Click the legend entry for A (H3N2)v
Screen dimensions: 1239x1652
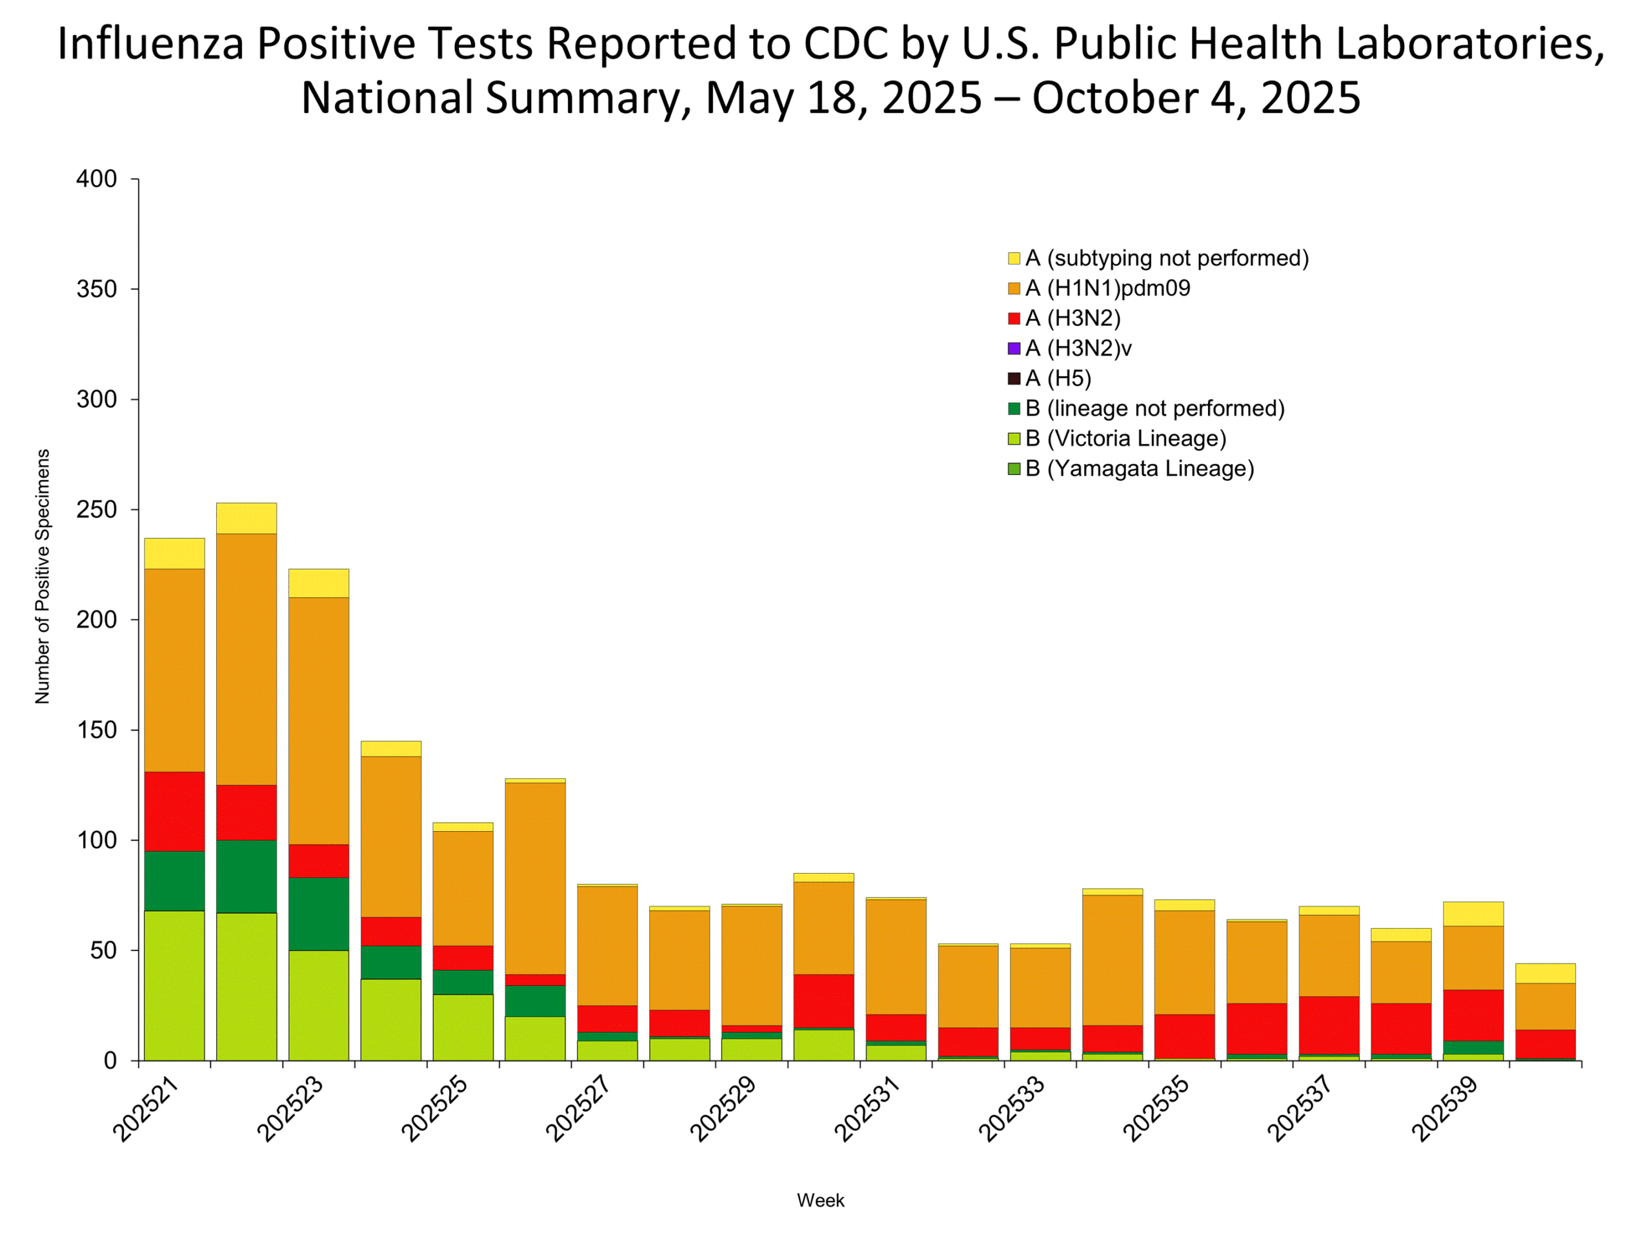coord(1078,348)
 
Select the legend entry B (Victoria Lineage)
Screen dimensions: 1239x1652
coord(1125,438)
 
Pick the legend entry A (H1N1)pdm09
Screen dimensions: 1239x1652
coord(1107,288)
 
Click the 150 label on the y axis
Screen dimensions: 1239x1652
coord(96,730)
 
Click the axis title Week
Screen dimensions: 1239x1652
coord(820,1200)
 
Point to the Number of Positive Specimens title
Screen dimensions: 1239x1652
coord(43,576)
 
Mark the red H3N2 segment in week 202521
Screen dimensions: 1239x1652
coord(174,811)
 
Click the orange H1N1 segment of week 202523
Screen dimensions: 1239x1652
coord(319,721)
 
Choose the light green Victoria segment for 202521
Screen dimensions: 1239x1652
coord(174,985)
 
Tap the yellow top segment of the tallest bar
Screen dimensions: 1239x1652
coord(247,518)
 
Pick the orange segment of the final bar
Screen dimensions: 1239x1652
coord(1546,1006)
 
